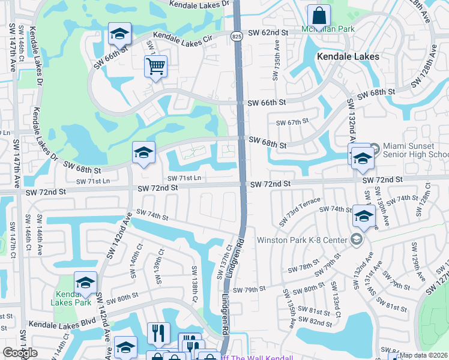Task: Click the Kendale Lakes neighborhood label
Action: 348,56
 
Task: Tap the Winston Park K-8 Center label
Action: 302,241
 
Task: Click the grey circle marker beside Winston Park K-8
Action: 357,241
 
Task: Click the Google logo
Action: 20,353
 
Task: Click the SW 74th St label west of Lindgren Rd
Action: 152,214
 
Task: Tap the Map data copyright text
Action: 424,355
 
